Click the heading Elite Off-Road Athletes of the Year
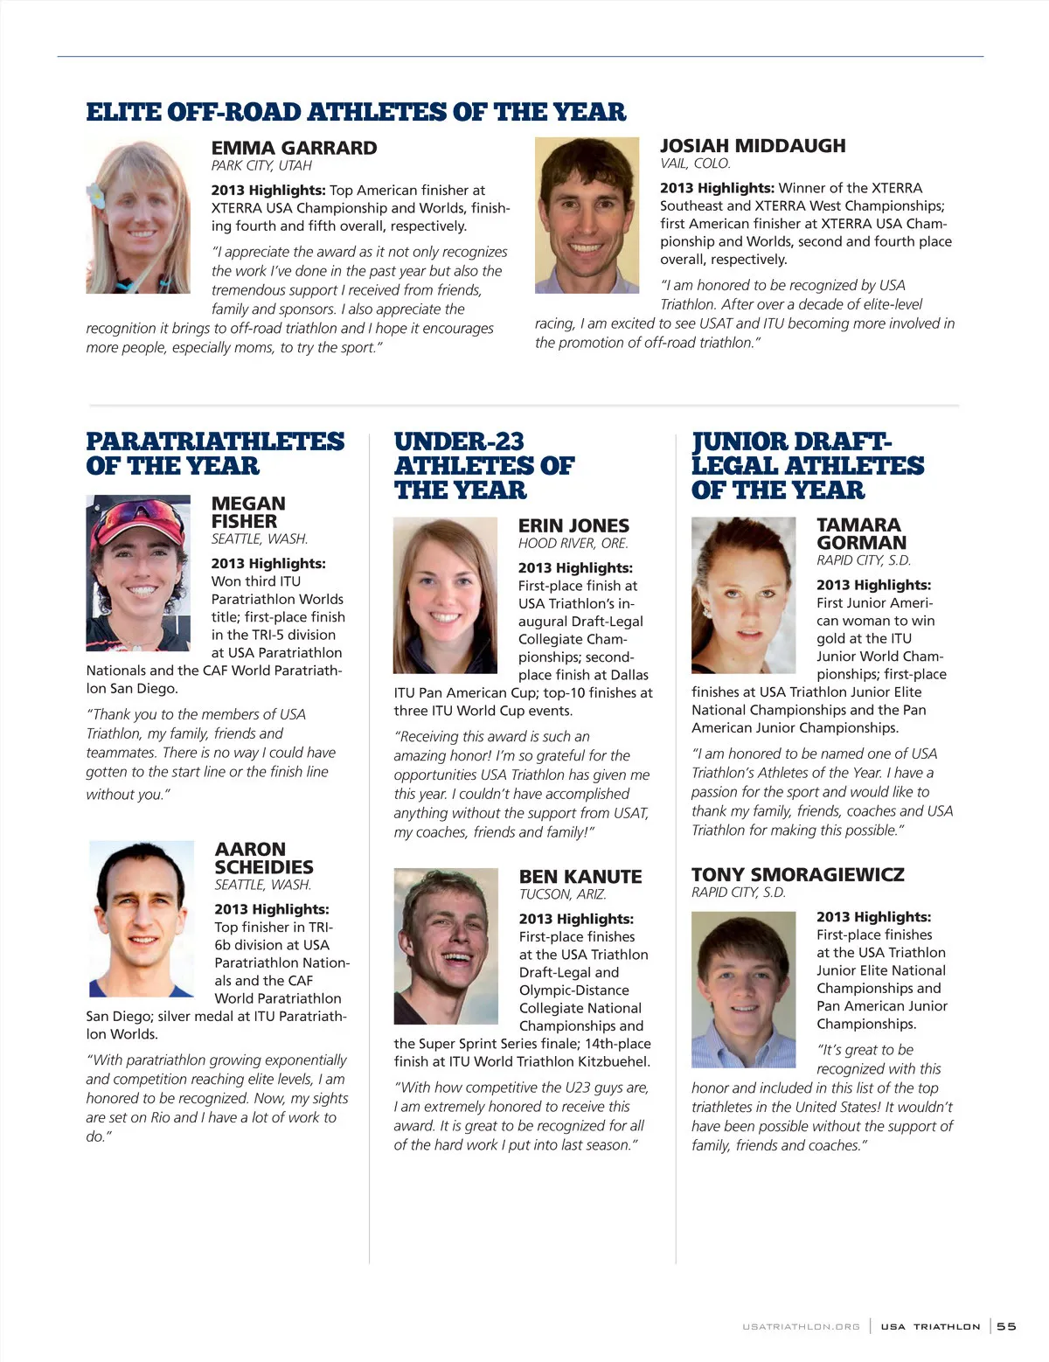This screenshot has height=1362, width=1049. [356, 112]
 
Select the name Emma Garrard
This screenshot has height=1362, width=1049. [294, 148]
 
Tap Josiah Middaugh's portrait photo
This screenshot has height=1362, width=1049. [582, 215]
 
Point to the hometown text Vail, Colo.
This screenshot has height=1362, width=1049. [695, 163]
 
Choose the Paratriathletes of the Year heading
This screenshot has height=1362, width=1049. [215, 454]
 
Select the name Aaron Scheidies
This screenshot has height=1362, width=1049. [263, 858]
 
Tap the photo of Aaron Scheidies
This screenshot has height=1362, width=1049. [142, 918]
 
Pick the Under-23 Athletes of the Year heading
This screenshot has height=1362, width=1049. [483, 466]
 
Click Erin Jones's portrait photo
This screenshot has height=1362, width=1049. [445, 594]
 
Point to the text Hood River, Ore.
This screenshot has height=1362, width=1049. [573, 543]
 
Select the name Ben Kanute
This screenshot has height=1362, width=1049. [580, 877]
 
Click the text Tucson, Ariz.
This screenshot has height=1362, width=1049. [562, 894]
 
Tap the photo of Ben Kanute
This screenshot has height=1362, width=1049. [445, 946]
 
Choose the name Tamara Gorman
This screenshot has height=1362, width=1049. [860, 533]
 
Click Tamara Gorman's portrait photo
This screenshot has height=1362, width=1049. [743, 594]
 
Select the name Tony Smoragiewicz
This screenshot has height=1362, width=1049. [797, 874]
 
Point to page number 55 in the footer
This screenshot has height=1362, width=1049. [1006, 1326]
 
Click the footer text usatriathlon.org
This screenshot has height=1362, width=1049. [801, 1327]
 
